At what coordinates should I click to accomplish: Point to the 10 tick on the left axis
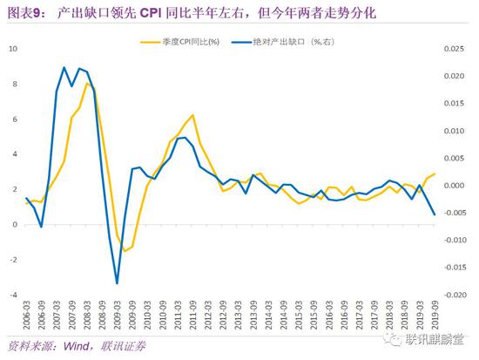coord(11,48)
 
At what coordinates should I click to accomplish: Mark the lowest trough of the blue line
coord(117,283)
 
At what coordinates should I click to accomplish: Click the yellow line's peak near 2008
coord(86,84)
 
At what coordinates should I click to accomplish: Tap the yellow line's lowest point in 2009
coord(125,251)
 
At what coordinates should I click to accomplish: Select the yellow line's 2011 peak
coord(192,114)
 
